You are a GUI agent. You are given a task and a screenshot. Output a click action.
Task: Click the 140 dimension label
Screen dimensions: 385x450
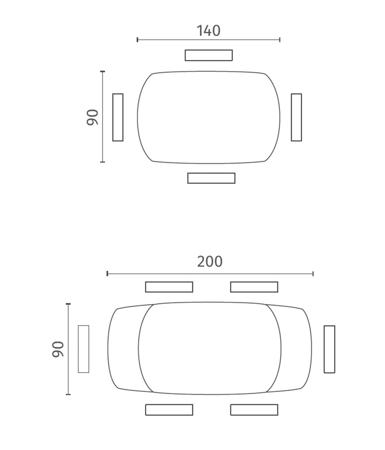coord(208,31)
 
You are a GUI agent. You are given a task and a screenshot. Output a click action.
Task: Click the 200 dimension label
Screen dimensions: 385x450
coord(209,261)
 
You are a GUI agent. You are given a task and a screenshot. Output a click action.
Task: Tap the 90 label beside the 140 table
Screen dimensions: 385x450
coord(92,117)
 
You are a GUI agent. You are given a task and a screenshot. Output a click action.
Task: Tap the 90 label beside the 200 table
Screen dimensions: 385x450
coord(58,349)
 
